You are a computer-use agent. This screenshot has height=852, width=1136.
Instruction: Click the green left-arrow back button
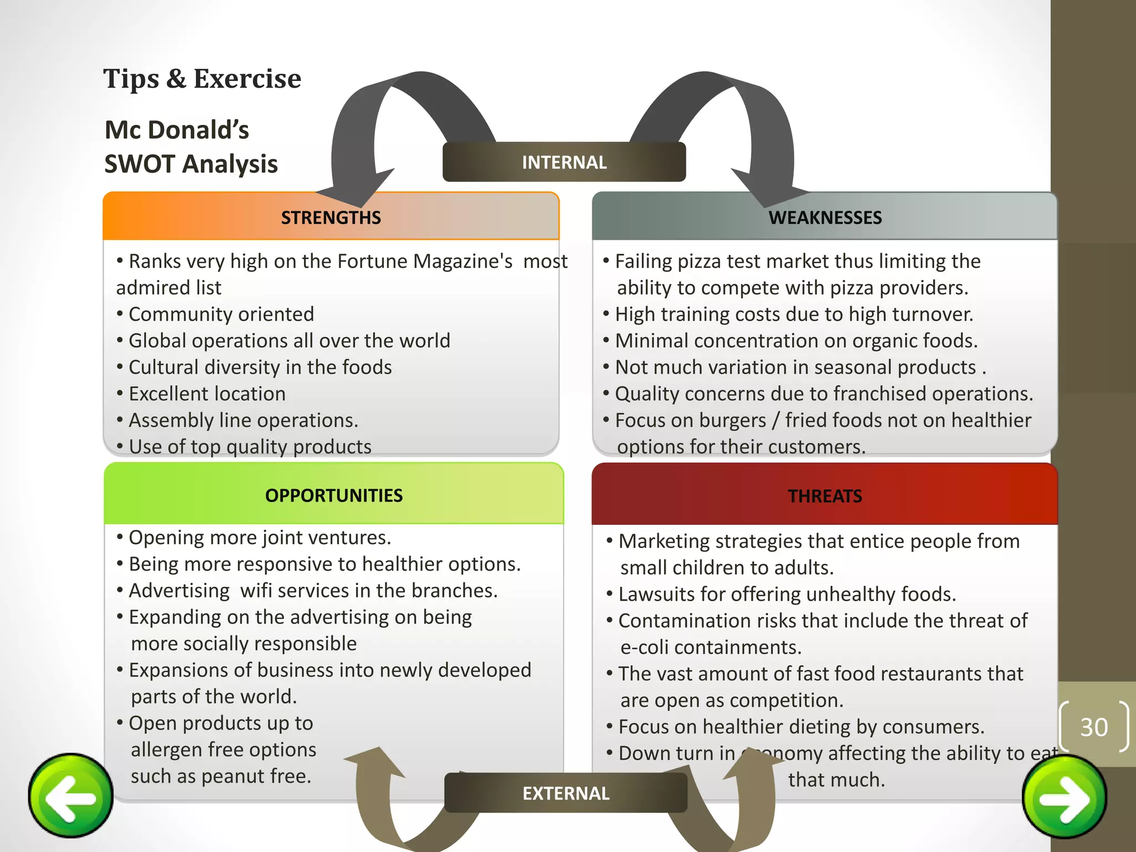point(71,795)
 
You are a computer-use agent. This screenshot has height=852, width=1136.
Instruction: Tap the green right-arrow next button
point(1064,797)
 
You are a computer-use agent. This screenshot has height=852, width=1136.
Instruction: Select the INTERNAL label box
point(564,162)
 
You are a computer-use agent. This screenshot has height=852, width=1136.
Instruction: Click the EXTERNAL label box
point(566,793)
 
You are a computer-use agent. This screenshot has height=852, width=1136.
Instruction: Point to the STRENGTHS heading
point(331,217)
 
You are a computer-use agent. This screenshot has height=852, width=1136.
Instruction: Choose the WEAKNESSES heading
point(825,217)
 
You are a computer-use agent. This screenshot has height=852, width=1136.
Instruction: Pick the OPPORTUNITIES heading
point(334,495)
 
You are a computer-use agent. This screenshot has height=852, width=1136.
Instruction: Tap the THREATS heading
point(825,496)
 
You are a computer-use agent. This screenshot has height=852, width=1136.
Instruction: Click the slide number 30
point(1094,727)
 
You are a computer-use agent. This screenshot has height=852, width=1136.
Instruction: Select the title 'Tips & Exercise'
point(202,79)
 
